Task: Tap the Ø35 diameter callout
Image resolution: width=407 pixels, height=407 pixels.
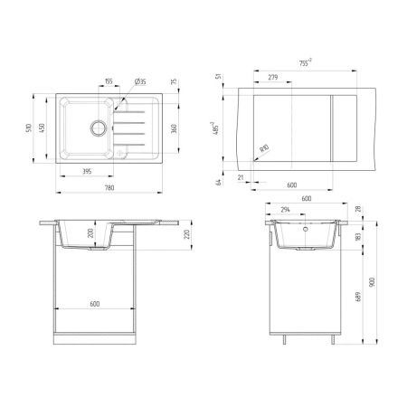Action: pyautogui.click(x=141, y=81)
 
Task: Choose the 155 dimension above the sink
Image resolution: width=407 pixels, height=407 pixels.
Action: pyautogui.click(x=108, y=81)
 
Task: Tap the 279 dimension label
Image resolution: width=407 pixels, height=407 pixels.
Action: pyautogui.click(x=273, y=79)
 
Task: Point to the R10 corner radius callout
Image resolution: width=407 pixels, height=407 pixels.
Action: pyautogui.click(x=264, y=147)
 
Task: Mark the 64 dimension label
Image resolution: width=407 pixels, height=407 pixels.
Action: pyautogui.click(x=220, y=182)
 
